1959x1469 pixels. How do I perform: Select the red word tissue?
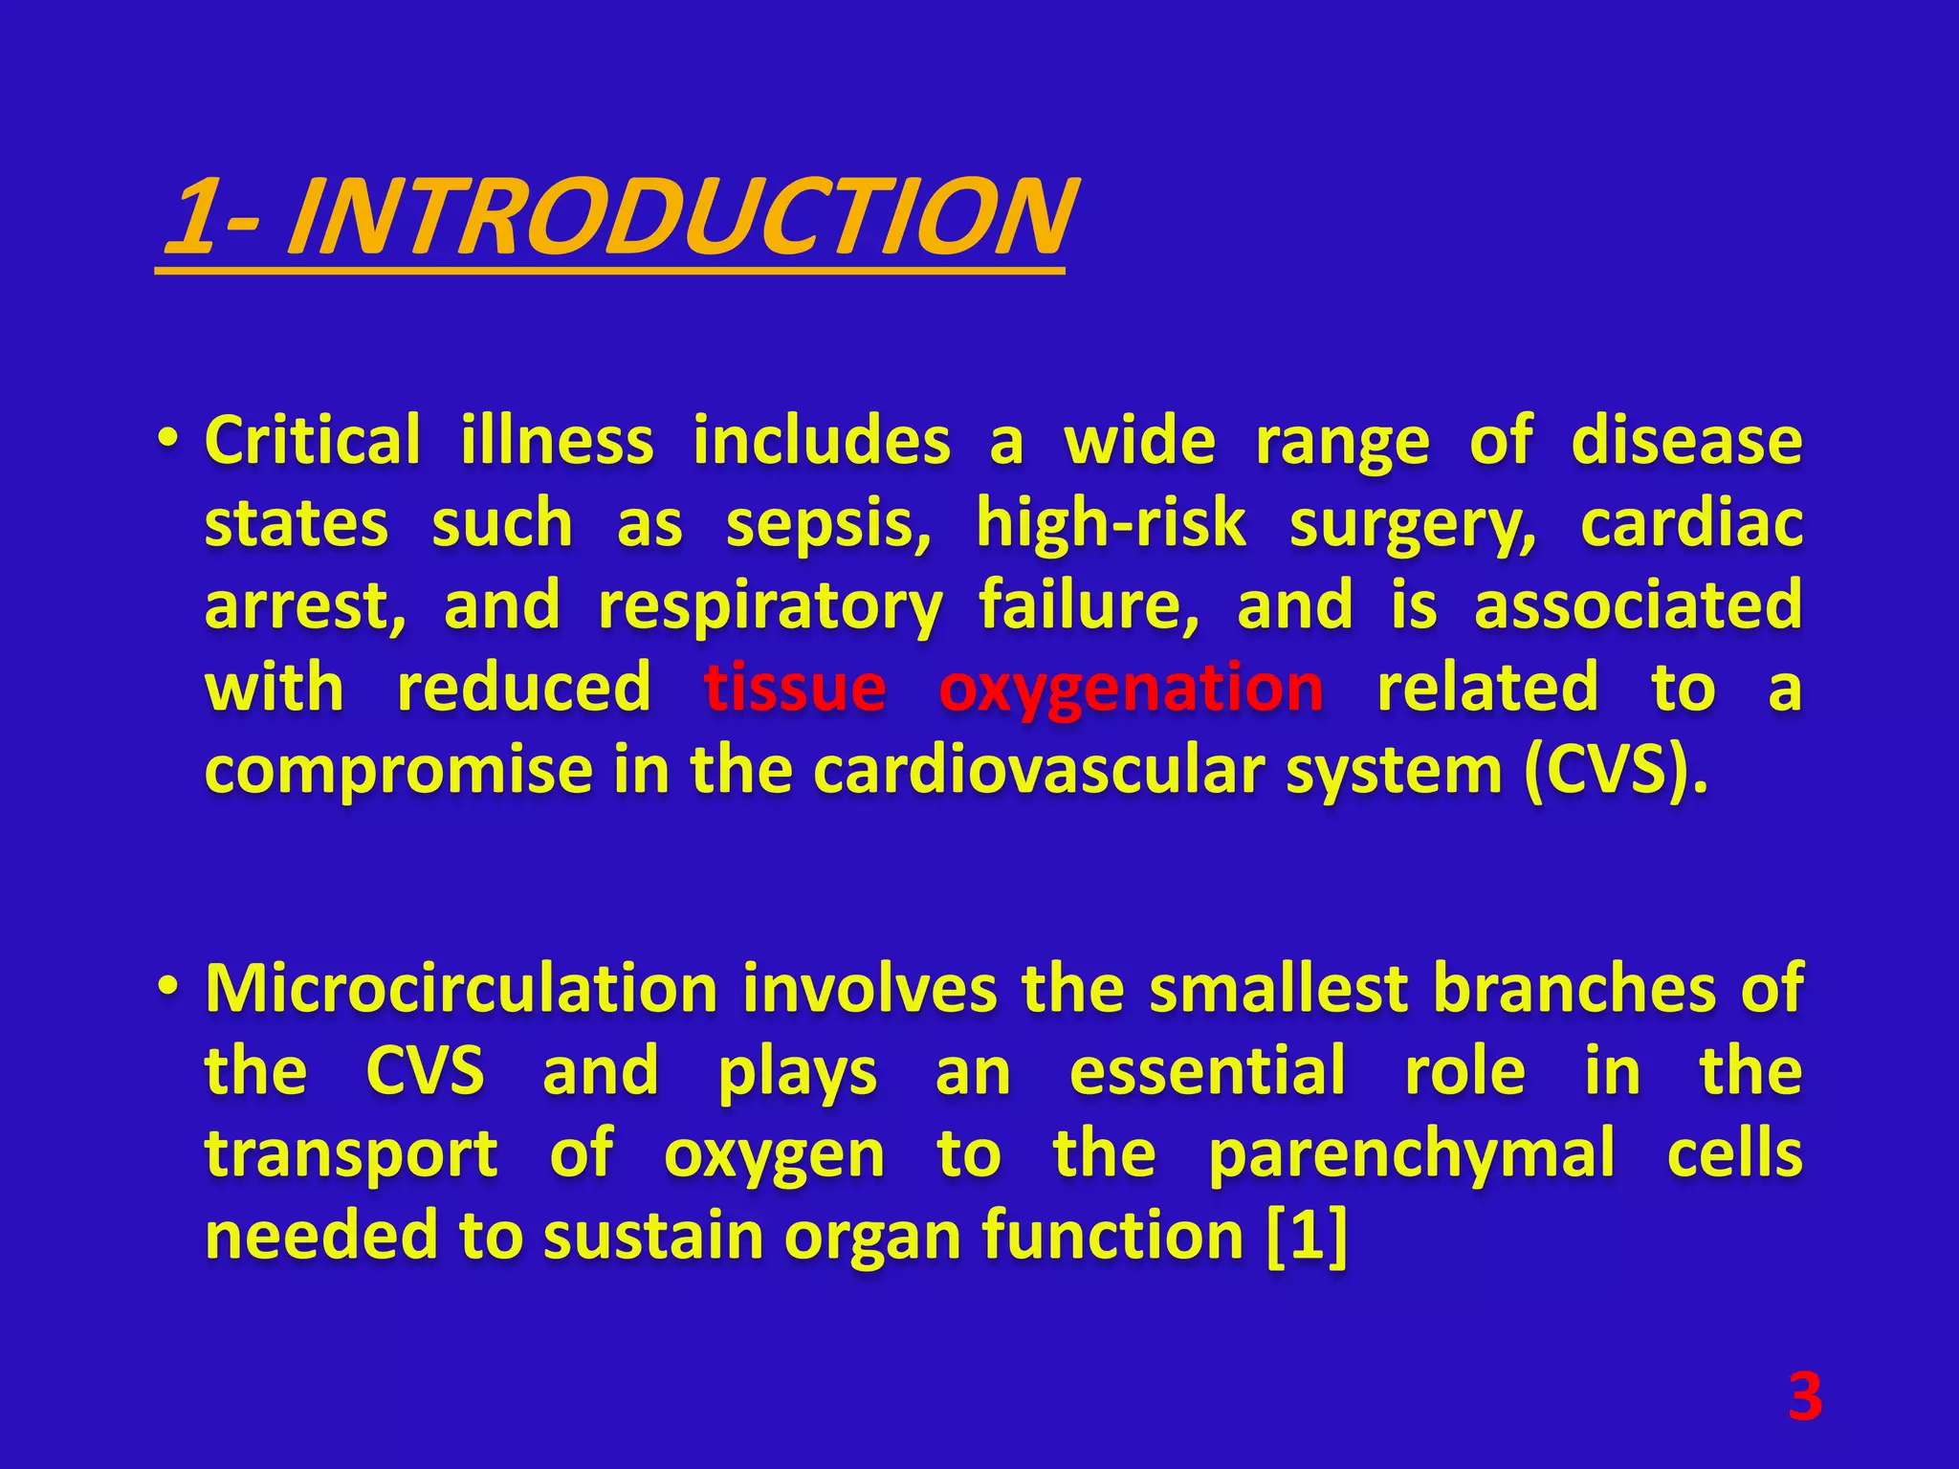795,689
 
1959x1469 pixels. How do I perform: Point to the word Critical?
312,442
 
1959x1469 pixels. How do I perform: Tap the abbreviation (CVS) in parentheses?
1615,771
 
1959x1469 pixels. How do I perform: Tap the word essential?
1207,1071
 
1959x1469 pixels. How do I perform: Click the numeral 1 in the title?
194,218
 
